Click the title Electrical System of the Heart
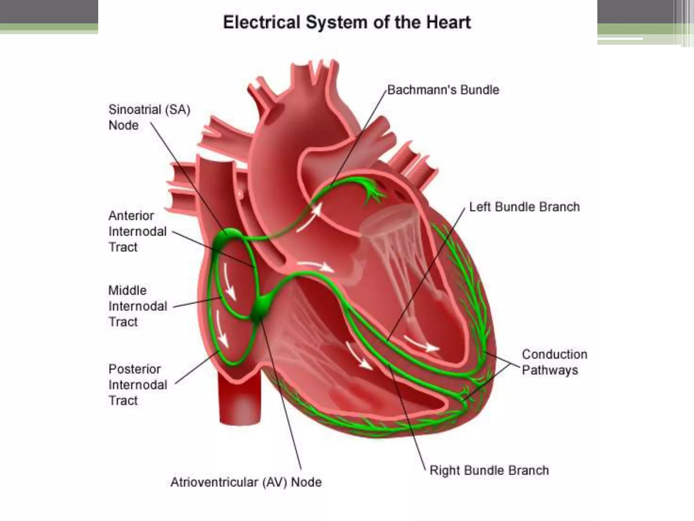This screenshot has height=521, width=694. click(347, 23)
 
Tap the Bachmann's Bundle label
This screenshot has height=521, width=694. click(443, 90)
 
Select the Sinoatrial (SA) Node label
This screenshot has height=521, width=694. click(149, 117)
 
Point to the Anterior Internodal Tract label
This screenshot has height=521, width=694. click(138, 231)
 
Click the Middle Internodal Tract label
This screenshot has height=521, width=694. click(138, 306)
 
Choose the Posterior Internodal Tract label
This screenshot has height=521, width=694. click(138, 385)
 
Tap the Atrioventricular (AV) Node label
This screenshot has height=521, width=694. click(246, 482)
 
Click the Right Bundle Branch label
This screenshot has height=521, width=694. click(489, 470)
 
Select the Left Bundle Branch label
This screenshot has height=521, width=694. click(524, 207)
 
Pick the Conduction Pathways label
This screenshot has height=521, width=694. click(554, 362)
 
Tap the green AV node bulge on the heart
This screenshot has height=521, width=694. click(261, 307)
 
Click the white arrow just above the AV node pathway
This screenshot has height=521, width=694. click(315, 266)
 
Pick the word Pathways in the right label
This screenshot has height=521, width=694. click(550, 370)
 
